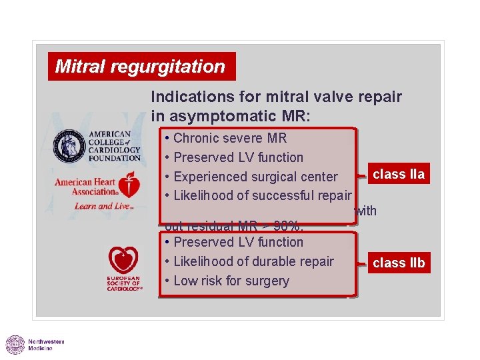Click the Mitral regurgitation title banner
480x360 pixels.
[141, 67]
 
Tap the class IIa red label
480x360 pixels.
[398, 175]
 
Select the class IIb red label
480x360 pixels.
[398, 263]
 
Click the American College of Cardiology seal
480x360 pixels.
[69, 145]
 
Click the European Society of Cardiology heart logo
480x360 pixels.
[124, 261]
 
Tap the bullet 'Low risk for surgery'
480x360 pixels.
[231, 281]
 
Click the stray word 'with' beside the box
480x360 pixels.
[365, 211]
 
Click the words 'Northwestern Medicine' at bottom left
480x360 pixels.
[46, 345]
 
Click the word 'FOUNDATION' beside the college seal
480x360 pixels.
[114, 158]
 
